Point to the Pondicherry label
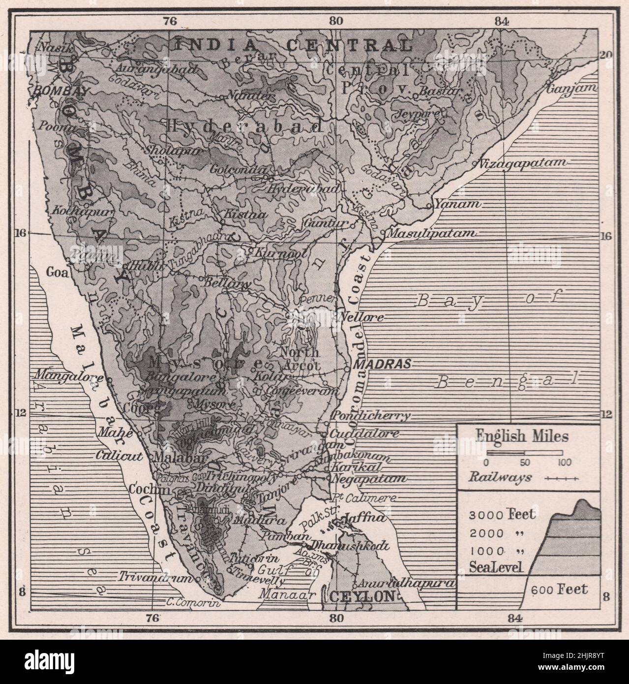371,416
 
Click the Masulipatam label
433,233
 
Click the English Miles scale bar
525,452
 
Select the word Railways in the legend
500,477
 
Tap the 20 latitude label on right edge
606,55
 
